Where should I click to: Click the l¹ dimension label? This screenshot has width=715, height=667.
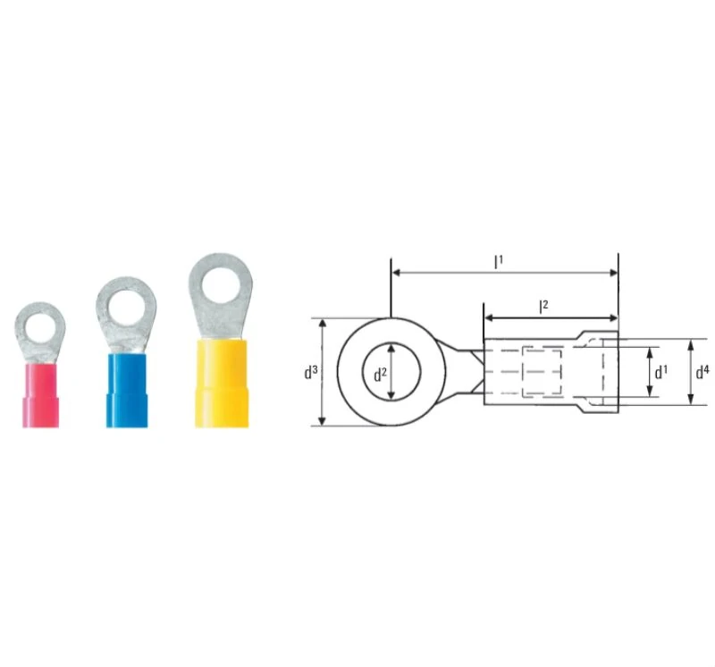click(x=499, y=261)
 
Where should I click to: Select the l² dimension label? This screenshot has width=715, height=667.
click(x=543, y=307)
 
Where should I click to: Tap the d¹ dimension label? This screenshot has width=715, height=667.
click(x=660, y=371)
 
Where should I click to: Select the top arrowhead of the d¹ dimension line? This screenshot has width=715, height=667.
click(x=650, y=350)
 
